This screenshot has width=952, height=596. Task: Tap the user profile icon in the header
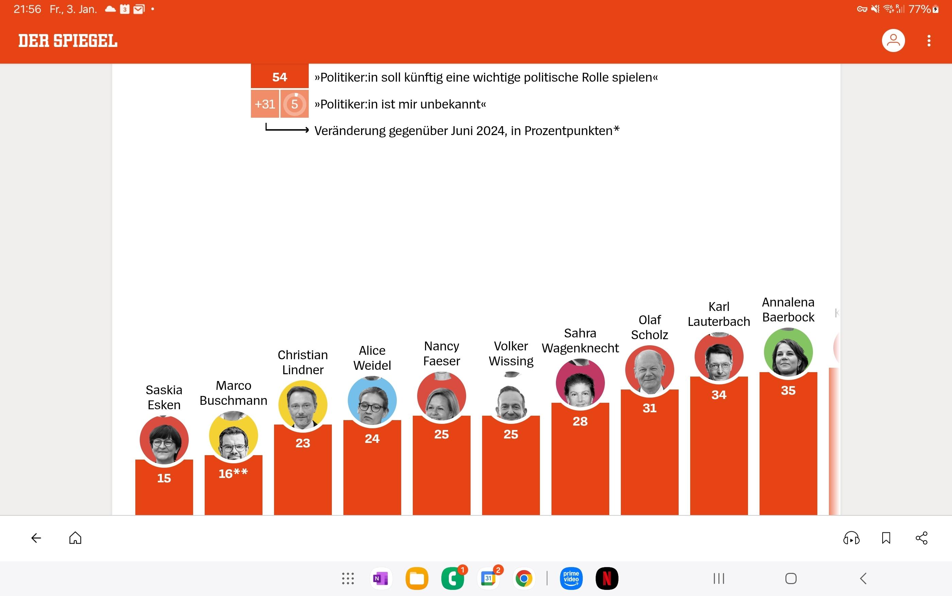tap(893, 40)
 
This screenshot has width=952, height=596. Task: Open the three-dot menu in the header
tap(929, 40)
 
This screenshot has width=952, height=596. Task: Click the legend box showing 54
tap(280, 77)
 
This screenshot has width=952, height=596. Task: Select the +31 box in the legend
tap(265, 104)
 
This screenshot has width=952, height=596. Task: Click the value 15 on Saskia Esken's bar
tap(164, 478)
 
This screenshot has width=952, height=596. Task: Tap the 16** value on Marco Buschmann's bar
tap(233, 474)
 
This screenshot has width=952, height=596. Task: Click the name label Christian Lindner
tap(303, 362)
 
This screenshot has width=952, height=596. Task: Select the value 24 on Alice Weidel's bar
tap(372, 439)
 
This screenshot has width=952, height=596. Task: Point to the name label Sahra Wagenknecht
tap(580, 341)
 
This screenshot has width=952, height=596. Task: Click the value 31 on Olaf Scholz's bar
tap(649, 408)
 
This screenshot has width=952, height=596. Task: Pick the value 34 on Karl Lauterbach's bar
tap(719, 395)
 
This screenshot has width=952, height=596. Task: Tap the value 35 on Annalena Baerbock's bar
tap(788, 390)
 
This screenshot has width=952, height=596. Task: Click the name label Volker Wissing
tap(511, 353)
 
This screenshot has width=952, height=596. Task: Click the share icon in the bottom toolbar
tap(922, 538)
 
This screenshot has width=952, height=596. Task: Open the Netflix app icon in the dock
tap(607, 579)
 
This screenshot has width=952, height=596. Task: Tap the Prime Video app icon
tap(571, 579)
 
